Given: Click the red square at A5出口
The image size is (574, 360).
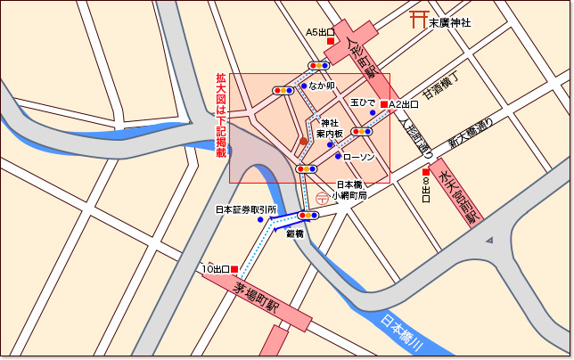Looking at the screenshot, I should (330, 42).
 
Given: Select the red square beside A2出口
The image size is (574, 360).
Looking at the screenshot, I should (383, 104).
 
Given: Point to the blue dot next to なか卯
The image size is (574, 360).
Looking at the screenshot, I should (304, 86).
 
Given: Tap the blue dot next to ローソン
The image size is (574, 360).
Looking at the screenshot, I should (338, 157).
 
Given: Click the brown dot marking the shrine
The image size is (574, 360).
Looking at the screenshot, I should (303, 141).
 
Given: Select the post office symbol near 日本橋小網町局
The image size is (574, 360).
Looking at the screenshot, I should (321, 199).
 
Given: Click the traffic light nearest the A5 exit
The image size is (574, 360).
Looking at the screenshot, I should (319, 65).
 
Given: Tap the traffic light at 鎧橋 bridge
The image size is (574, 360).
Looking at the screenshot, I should (308, 216).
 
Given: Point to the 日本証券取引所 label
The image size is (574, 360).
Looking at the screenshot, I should (246, 210).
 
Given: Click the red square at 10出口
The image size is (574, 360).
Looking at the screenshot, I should (235, 268).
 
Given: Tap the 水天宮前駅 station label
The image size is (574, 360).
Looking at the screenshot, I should (459, 194).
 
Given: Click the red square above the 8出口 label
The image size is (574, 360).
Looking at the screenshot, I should (426, 172).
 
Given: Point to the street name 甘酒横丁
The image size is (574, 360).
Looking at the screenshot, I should (439, 86).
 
